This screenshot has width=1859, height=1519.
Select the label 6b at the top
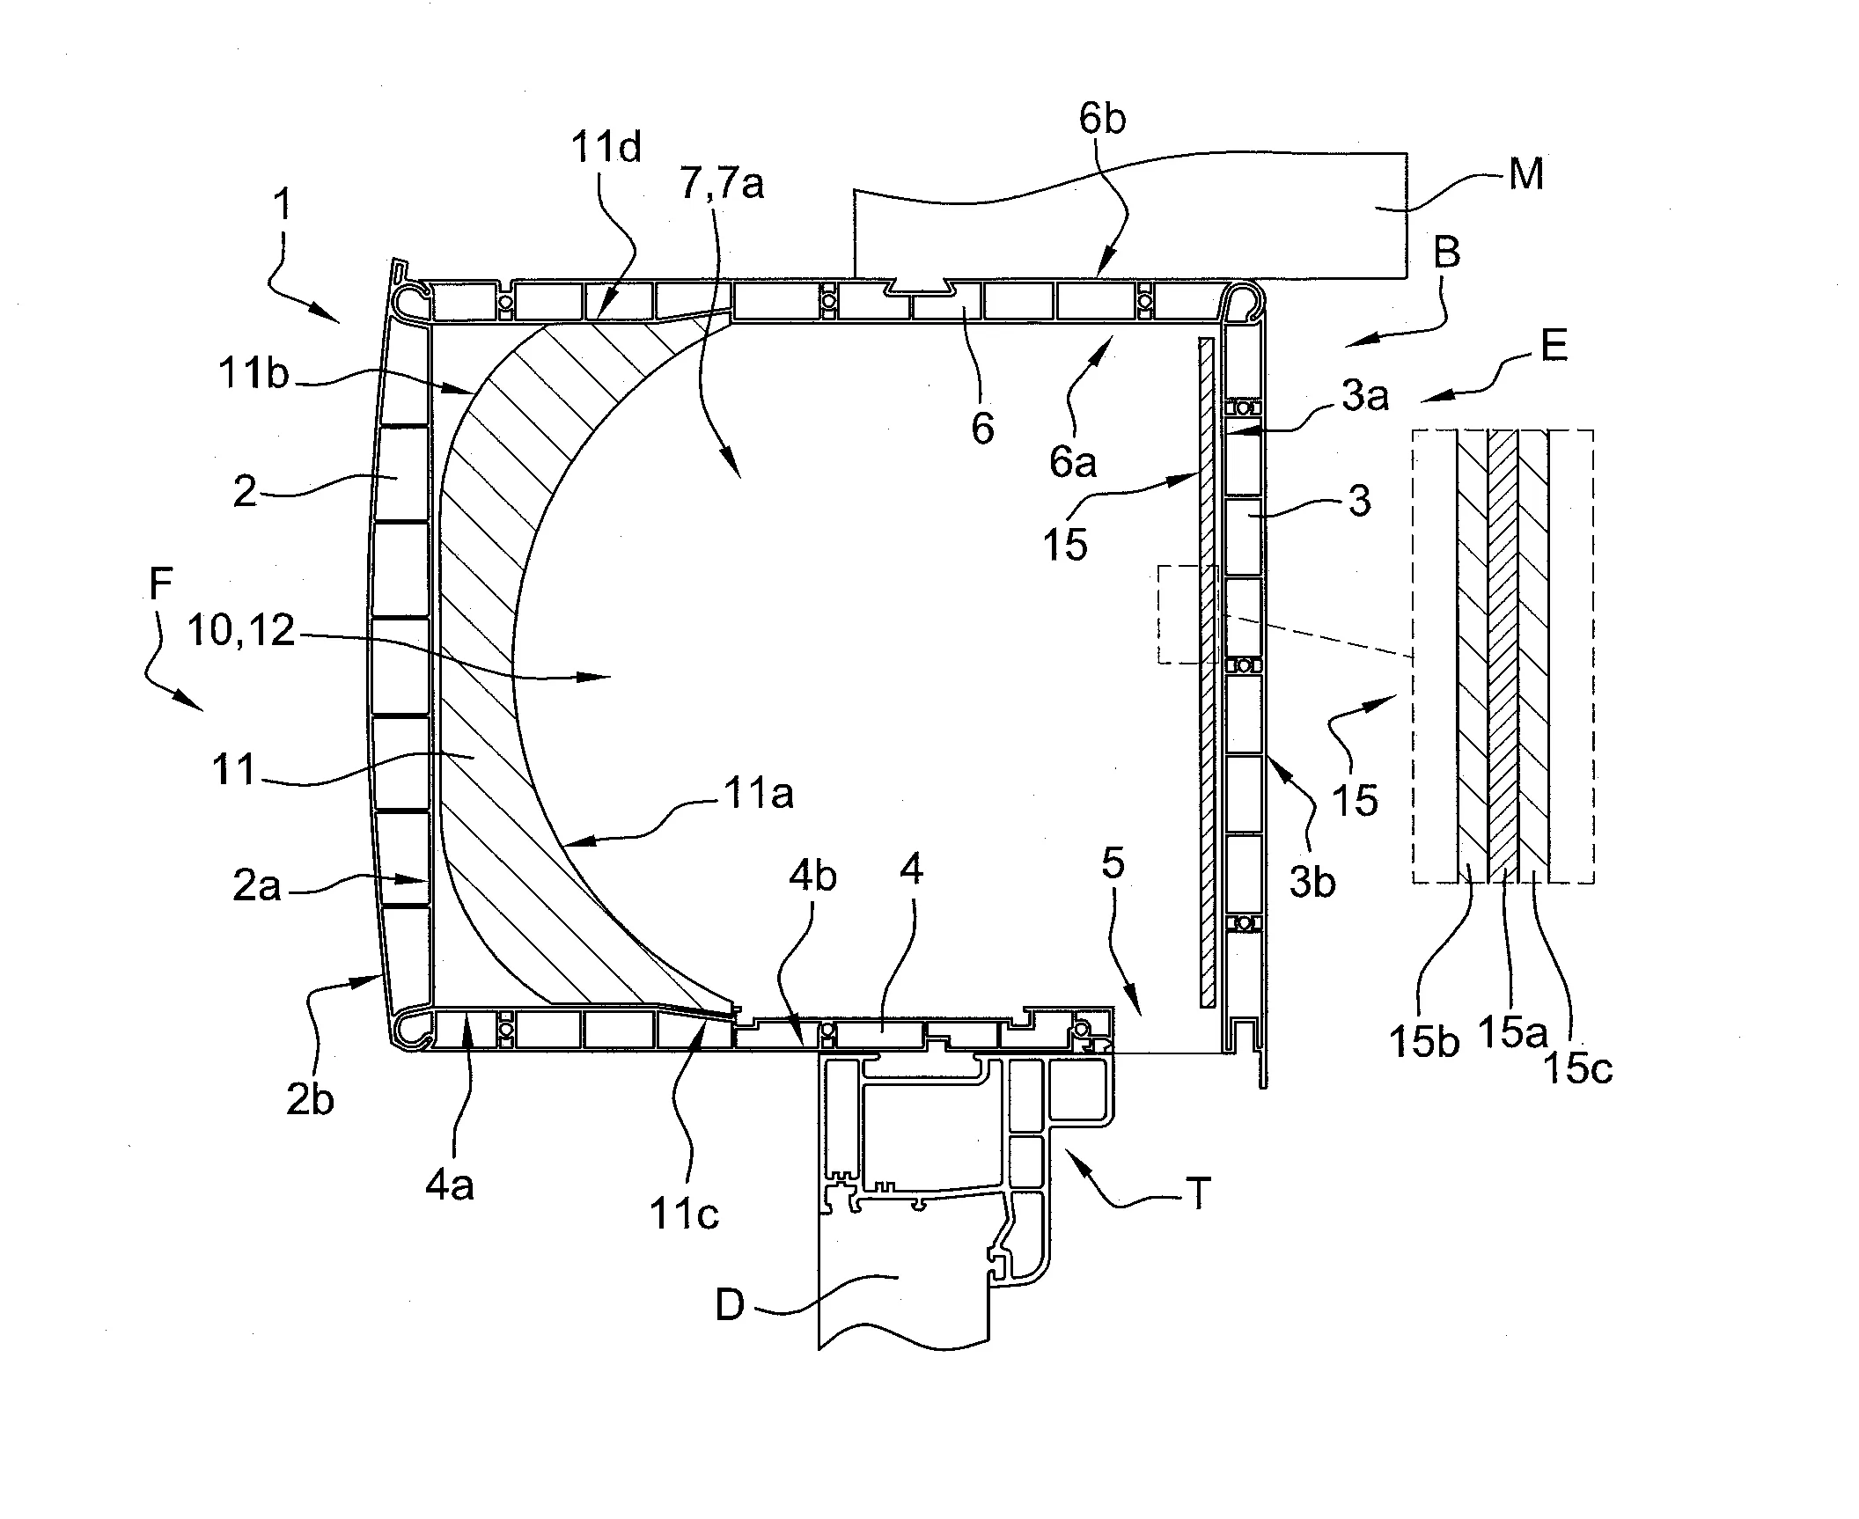point(1102,119)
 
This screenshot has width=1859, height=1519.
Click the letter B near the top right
point(1447,253)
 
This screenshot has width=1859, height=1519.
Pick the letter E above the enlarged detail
point(1554,346)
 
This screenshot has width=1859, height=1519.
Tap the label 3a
point(1365,398)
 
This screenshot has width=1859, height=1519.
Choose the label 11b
point(253,375)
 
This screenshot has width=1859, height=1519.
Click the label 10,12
point(240,631)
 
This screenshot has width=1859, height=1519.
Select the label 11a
point(758,795)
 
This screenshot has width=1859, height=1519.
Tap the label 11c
point(684,1214)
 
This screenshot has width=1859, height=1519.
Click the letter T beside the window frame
point(1199,1195)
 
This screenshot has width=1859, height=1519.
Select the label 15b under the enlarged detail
point(1424,1043)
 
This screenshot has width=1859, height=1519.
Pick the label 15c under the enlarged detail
point(1578,1068)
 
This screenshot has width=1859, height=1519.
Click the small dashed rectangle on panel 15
point(1186,614)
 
